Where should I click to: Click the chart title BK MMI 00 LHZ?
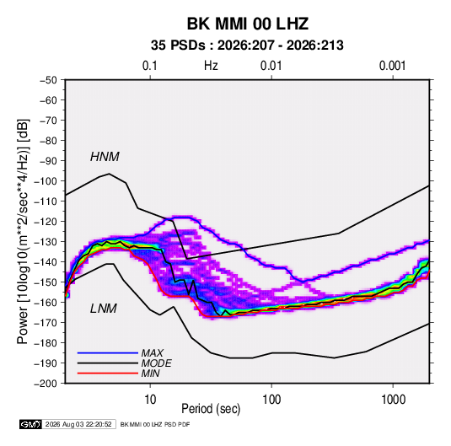tap(248, 24)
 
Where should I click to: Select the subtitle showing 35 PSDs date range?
tap(247, 46)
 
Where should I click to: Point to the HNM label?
tap(105, 157)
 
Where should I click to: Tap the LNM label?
tap(104, 309)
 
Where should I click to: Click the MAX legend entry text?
tap(152, 353)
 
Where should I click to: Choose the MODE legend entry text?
tap(156, 363)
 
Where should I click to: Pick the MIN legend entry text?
tap(150, 373)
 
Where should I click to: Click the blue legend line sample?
tap(108, 353)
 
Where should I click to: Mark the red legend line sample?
tap(108, 373)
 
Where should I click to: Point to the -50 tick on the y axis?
tap(48, 80)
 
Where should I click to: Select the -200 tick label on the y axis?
tap(46, 384)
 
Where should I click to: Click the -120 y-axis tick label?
tap(46, 222)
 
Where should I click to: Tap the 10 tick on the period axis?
tap(150, 400)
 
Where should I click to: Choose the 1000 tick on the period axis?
tap(393, 400)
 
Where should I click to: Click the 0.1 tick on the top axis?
tap(150, 66)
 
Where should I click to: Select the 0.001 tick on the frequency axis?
tap(392, 66)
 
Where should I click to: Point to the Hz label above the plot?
tap(211, 66)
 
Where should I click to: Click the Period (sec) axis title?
tap(211, 409)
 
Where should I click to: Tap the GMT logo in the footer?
tap(31, 424)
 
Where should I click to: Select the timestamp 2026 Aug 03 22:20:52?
tap(78, 424)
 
